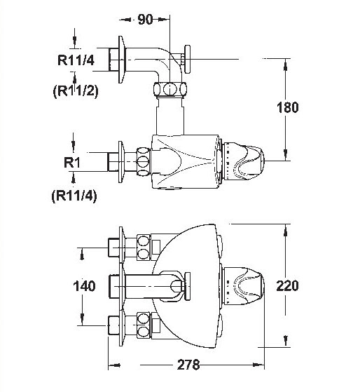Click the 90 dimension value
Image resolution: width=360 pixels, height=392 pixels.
[145, 19]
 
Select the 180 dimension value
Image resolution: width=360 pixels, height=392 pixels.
[287, 107]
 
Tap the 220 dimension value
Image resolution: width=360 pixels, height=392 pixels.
[287, 285]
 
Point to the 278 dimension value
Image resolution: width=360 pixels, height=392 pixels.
[188, 365]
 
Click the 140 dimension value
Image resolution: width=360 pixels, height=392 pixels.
[84, 286]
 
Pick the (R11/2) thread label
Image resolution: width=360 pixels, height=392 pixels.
[76, 91]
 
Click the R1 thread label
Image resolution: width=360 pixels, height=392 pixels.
[72, 163]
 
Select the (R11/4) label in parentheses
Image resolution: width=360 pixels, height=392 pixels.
[74, 196]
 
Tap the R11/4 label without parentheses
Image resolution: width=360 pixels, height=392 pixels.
[76, 60]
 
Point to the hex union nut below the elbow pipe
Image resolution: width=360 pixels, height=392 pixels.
[169, 89]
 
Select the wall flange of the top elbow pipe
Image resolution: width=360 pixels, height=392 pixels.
[121, 60]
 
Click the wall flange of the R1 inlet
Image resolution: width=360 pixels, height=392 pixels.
[121, 162]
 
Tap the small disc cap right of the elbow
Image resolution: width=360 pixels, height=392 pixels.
[187, 59]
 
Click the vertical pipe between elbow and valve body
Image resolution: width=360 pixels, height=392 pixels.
[170, 116]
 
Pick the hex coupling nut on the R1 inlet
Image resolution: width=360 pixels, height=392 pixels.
[144, 162]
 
